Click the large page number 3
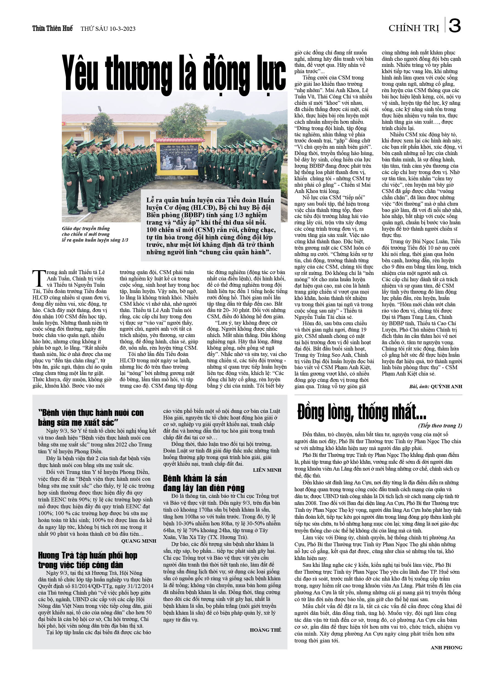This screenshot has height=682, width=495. (x=455, y=26)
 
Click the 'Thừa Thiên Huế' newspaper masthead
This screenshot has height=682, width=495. (x=52, y=29)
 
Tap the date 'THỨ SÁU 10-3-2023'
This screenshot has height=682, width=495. (x=108, y=29)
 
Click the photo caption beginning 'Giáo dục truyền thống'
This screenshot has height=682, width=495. (x=95, y=234)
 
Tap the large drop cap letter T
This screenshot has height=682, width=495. (x=38, y=278)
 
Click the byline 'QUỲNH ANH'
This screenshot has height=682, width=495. (x=446, y=386)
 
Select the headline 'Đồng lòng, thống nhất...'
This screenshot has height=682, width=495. (x=361, y=412)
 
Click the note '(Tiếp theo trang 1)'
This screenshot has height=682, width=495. (x=440, y=426)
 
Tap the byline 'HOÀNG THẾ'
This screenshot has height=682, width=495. (x=265, y=630)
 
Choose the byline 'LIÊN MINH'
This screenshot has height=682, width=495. (x=267, y=470)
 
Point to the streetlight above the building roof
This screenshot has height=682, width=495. (x=99, y=109)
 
